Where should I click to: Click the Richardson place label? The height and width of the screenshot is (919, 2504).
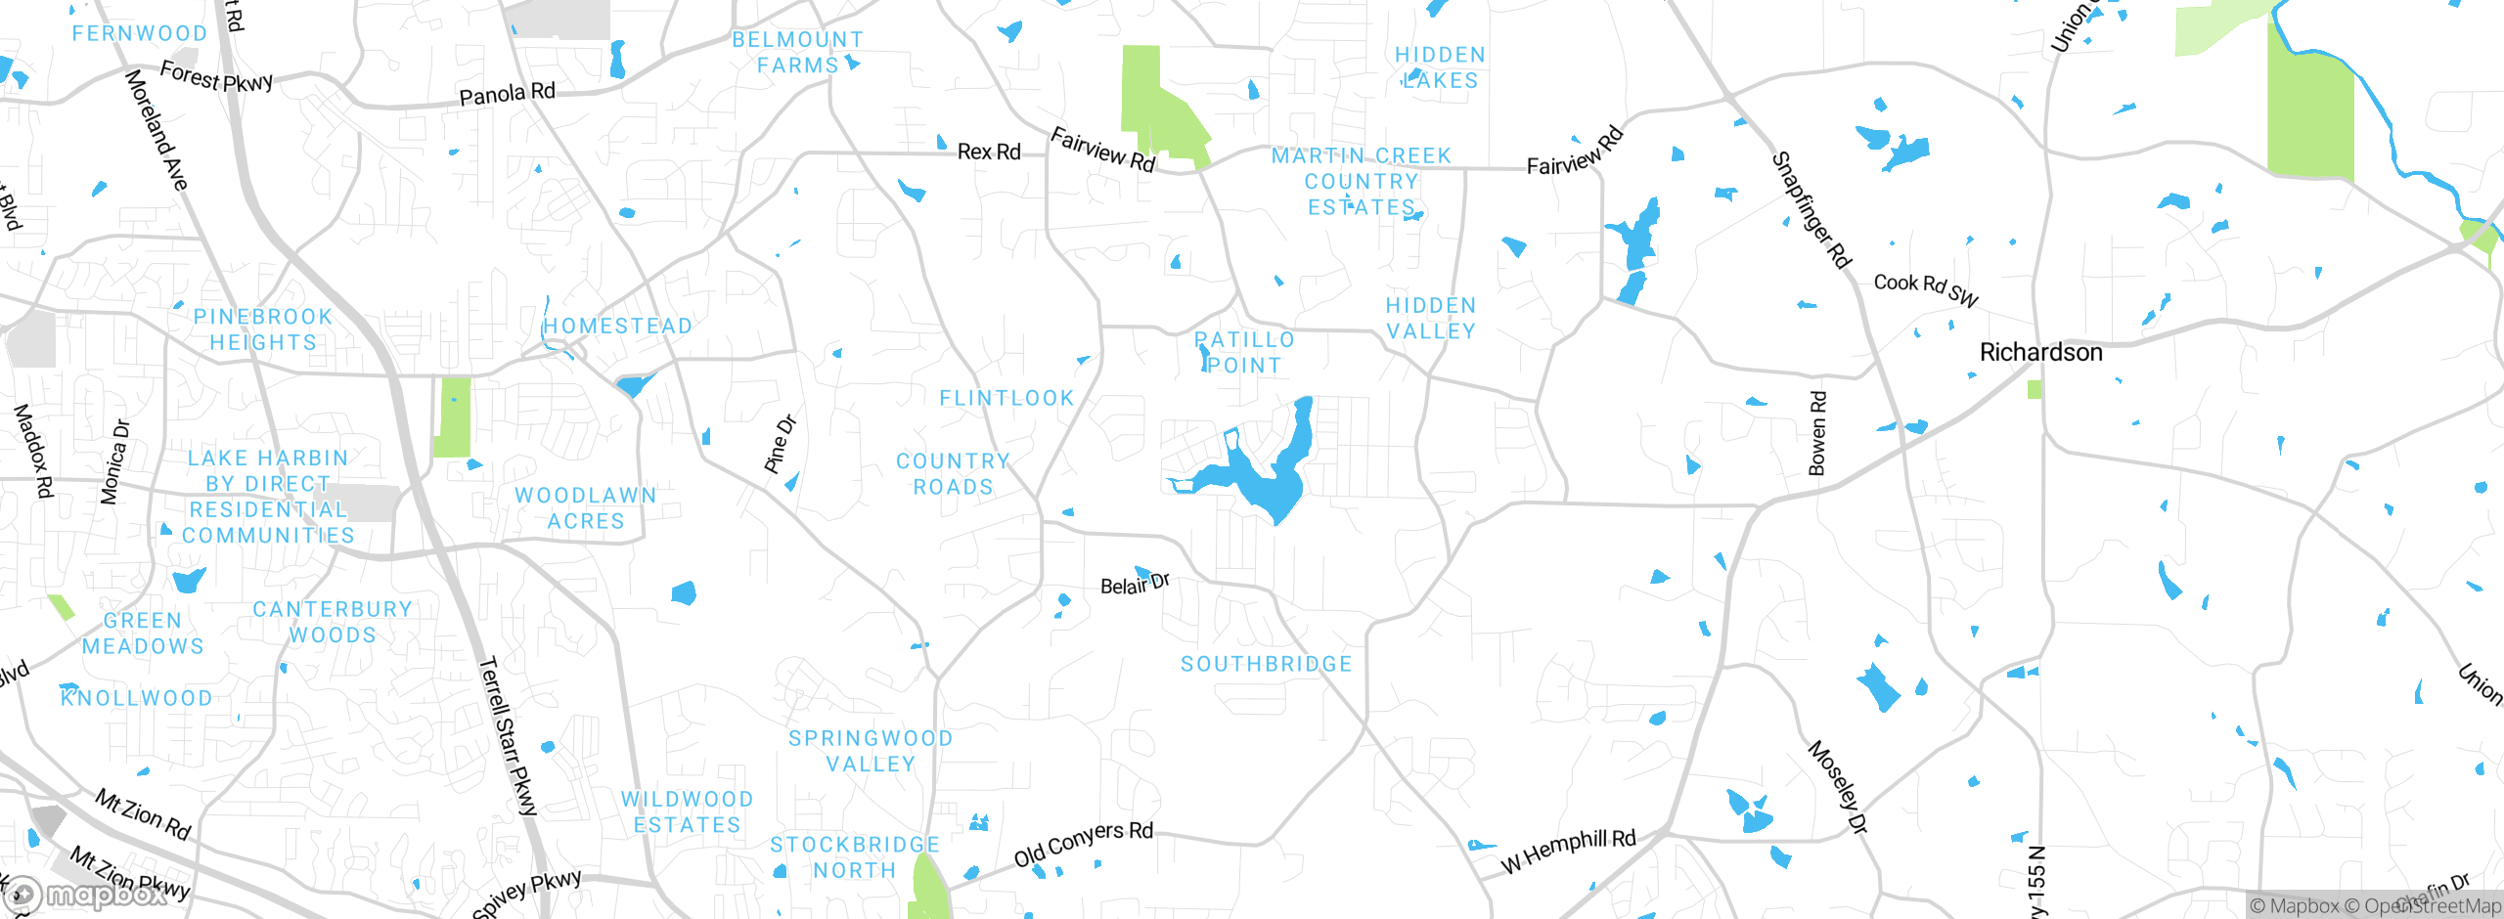coord(2040,352)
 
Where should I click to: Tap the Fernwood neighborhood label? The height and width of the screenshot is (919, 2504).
coord(140,33)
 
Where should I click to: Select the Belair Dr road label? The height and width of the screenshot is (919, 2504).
coord(1135,585)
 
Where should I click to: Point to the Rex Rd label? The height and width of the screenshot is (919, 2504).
coord(989,152)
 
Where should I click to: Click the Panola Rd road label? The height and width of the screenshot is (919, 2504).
coord(507,94)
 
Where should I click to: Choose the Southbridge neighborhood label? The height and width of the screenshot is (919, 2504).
coord(1267,664)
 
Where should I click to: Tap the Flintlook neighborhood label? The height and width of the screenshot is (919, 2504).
coord(1006,398)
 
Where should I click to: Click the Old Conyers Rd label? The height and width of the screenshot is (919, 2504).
coord(1084,843)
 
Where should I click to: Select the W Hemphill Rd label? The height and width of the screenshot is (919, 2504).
coord(1568,851)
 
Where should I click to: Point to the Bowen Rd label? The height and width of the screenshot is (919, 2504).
coord(1817,433)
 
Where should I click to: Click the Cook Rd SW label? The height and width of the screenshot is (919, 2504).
coord(1926,288)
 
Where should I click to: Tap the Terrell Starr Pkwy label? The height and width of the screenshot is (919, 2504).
coord(508,735)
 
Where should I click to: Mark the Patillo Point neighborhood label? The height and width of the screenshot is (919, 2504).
coord(1244,353)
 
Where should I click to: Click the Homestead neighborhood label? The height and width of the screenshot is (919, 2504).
coord(618,326)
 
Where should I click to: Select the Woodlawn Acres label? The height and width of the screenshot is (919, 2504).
coord(586,508)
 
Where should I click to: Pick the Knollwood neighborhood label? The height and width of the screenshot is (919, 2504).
coord(137,698)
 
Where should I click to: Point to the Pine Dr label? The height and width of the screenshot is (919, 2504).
coord(781,445)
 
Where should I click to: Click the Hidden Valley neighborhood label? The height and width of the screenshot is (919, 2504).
coord(1431,319)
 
